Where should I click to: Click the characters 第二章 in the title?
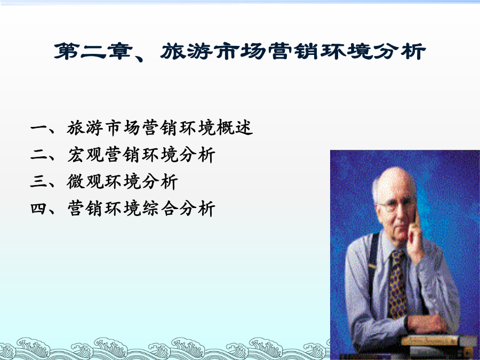coord(93,51)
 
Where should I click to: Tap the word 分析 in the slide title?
coord(399,51)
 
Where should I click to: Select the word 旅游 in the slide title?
coord(187,51)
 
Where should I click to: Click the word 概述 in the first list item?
coord(235,127)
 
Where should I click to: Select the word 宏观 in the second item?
coord(85,155)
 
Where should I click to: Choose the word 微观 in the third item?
coord(85,181)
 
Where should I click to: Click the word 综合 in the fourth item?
coord(160,209)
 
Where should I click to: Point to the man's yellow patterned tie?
coord(397,285)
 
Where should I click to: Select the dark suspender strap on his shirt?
coord(373,263)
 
